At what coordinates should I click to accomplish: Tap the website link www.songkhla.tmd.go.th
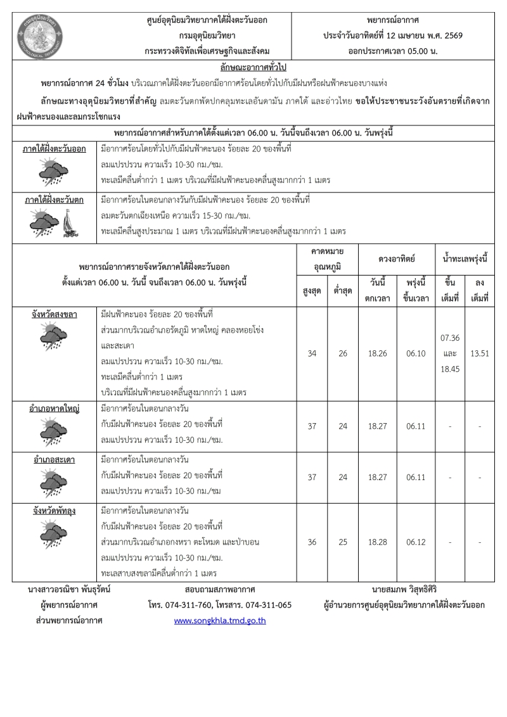click(220, 620)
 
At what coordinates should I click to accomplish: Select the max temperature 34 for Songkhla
click(312, 353)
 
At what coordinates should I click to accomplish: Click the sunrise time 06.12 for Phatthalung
click(416, 542)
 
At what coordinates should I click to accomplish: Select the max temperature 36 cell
click(312, 542)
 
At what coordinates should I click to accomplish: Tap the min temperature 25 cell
click(343, 542)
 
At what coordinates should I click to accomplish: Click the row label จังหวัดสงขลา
click(55, 314)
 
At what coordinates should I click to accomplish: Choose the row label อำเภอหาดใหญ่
click(55, 409)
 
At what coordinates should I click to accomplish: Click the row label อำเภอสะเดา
click(55, 459)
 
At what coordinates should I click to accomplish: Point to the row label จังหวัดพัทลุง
click(55, 511)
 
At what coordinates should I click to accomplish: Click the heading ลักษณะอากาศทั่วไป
click(253, 67)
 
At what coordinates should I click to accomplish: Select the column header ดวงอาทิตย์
click(397, 259)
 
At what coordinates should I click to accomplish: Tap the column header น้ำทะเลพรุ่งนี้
click(465, 259)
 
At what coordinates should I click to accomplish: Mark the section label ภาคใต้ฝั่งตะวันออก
click(55, 149)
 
